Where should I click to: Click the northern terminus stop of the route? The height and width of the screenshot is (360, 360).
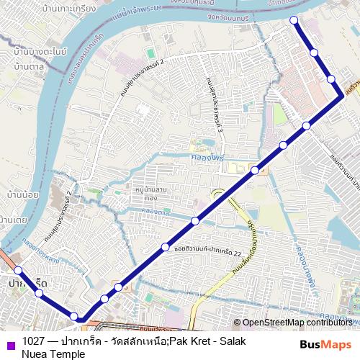293,20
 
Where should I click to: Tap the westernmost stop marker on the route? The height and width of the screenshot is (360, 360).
19,271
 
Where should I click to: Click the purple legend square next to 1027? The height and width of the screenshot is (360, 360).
9,341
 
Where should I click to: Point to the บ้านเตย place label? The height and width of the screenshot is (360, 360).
14,219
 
